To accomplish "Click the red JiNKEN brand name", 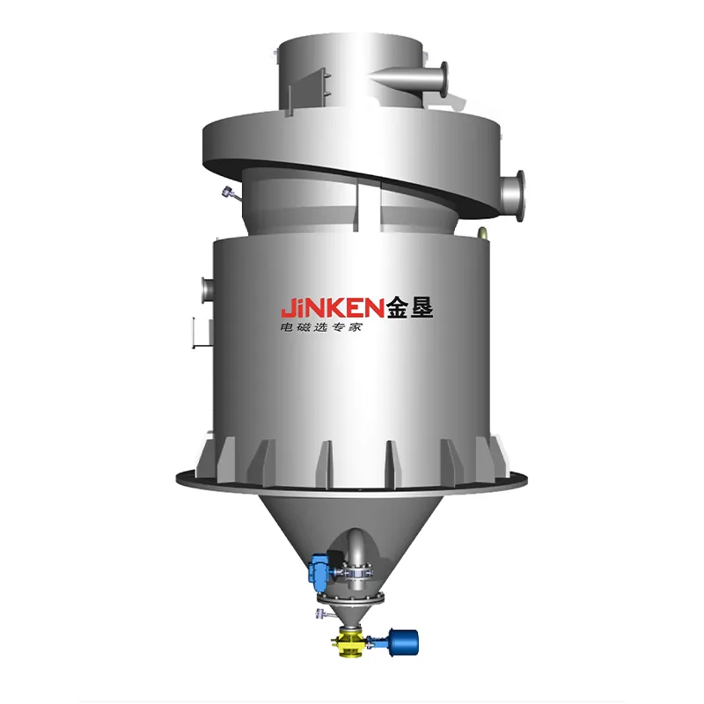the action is [x=333, y=309].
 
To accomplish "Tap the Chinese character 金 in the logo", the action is [x=397, y=307].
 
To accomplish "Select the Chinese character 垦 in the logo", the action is [x=422, y=307].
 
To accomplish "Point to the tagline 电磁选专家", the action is [x=320, y=327].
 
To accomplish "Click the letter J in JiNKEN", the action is [x=287, y=309].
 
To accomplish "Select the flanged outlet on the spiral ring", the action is [x=513, y=195].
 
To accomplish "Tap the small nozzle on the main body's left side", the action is [x=207, y=290].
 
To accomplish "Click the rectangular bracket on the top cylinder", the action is [x=309, y=92].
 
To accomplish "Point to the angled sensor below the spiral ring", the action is [x=231, y=194].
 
